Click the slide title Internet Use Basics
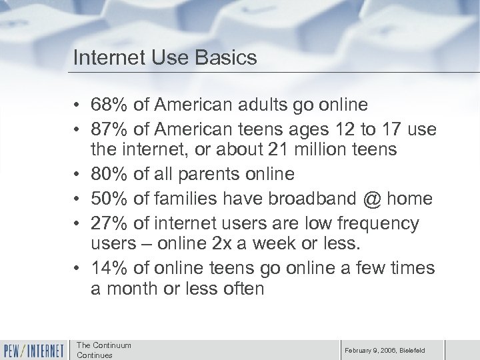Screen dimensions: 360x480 [165, 58]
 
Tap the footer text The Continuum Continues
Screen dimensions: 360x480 [103, 349]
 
